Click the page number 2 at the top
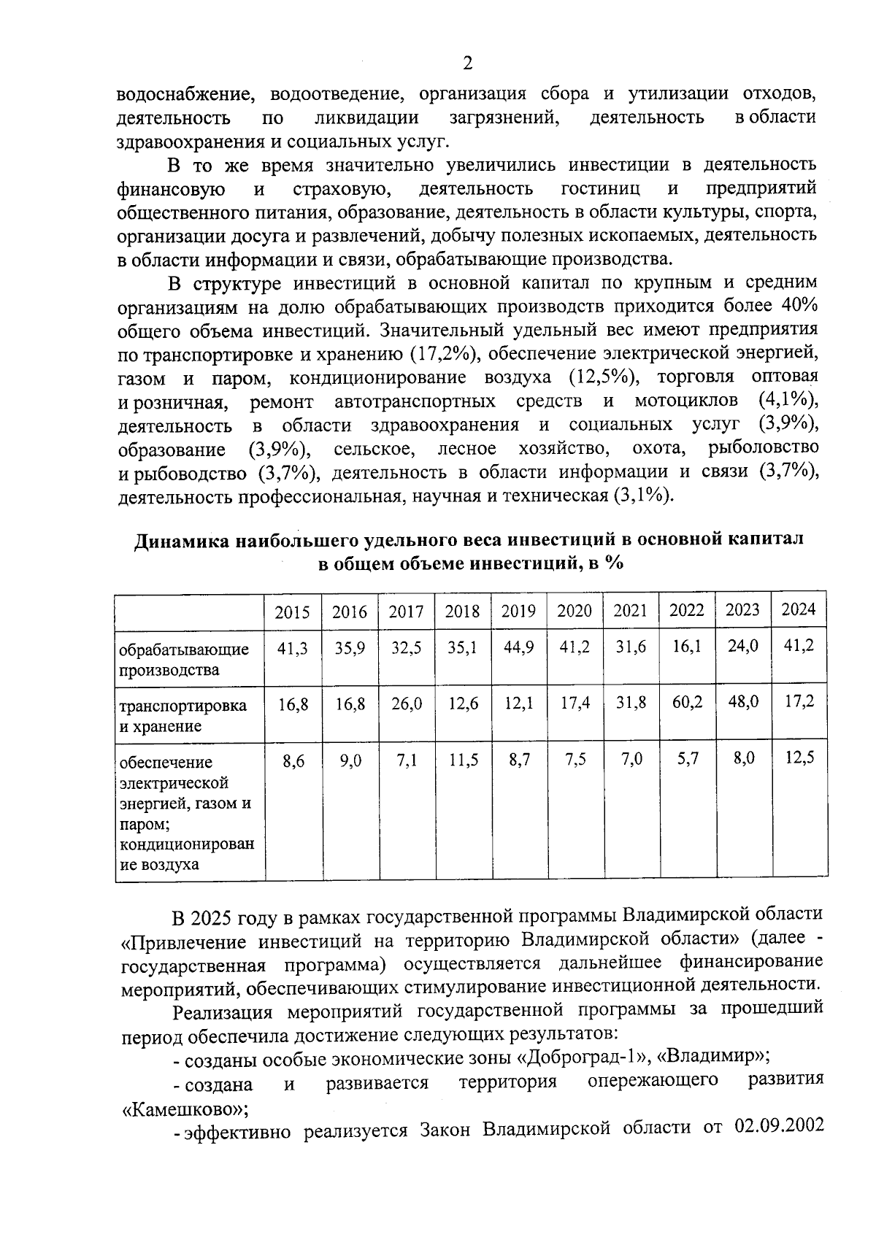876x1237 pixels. [x=467, y=63]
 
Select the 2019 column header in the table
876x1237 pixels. [x=518, y=611]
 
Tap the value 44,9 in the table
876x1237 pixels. [x=518, y=647]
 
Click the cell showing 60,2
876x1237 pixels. [x=686, y=702]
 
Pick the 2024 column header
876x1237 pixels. [x=799, y=609]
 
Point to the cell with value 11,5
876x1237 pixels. [x=463, y=760]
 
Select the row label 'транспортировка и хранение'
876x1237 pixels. [x=182, y=715]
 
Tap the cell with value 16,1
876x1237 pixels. [x=686, y=646]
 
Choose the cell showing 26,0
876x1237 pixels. [x=407, y=704]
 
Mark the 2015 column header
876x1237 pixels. [x=292, y=612]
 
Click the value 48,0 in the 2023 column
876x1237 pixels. [x=743, y=701]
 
